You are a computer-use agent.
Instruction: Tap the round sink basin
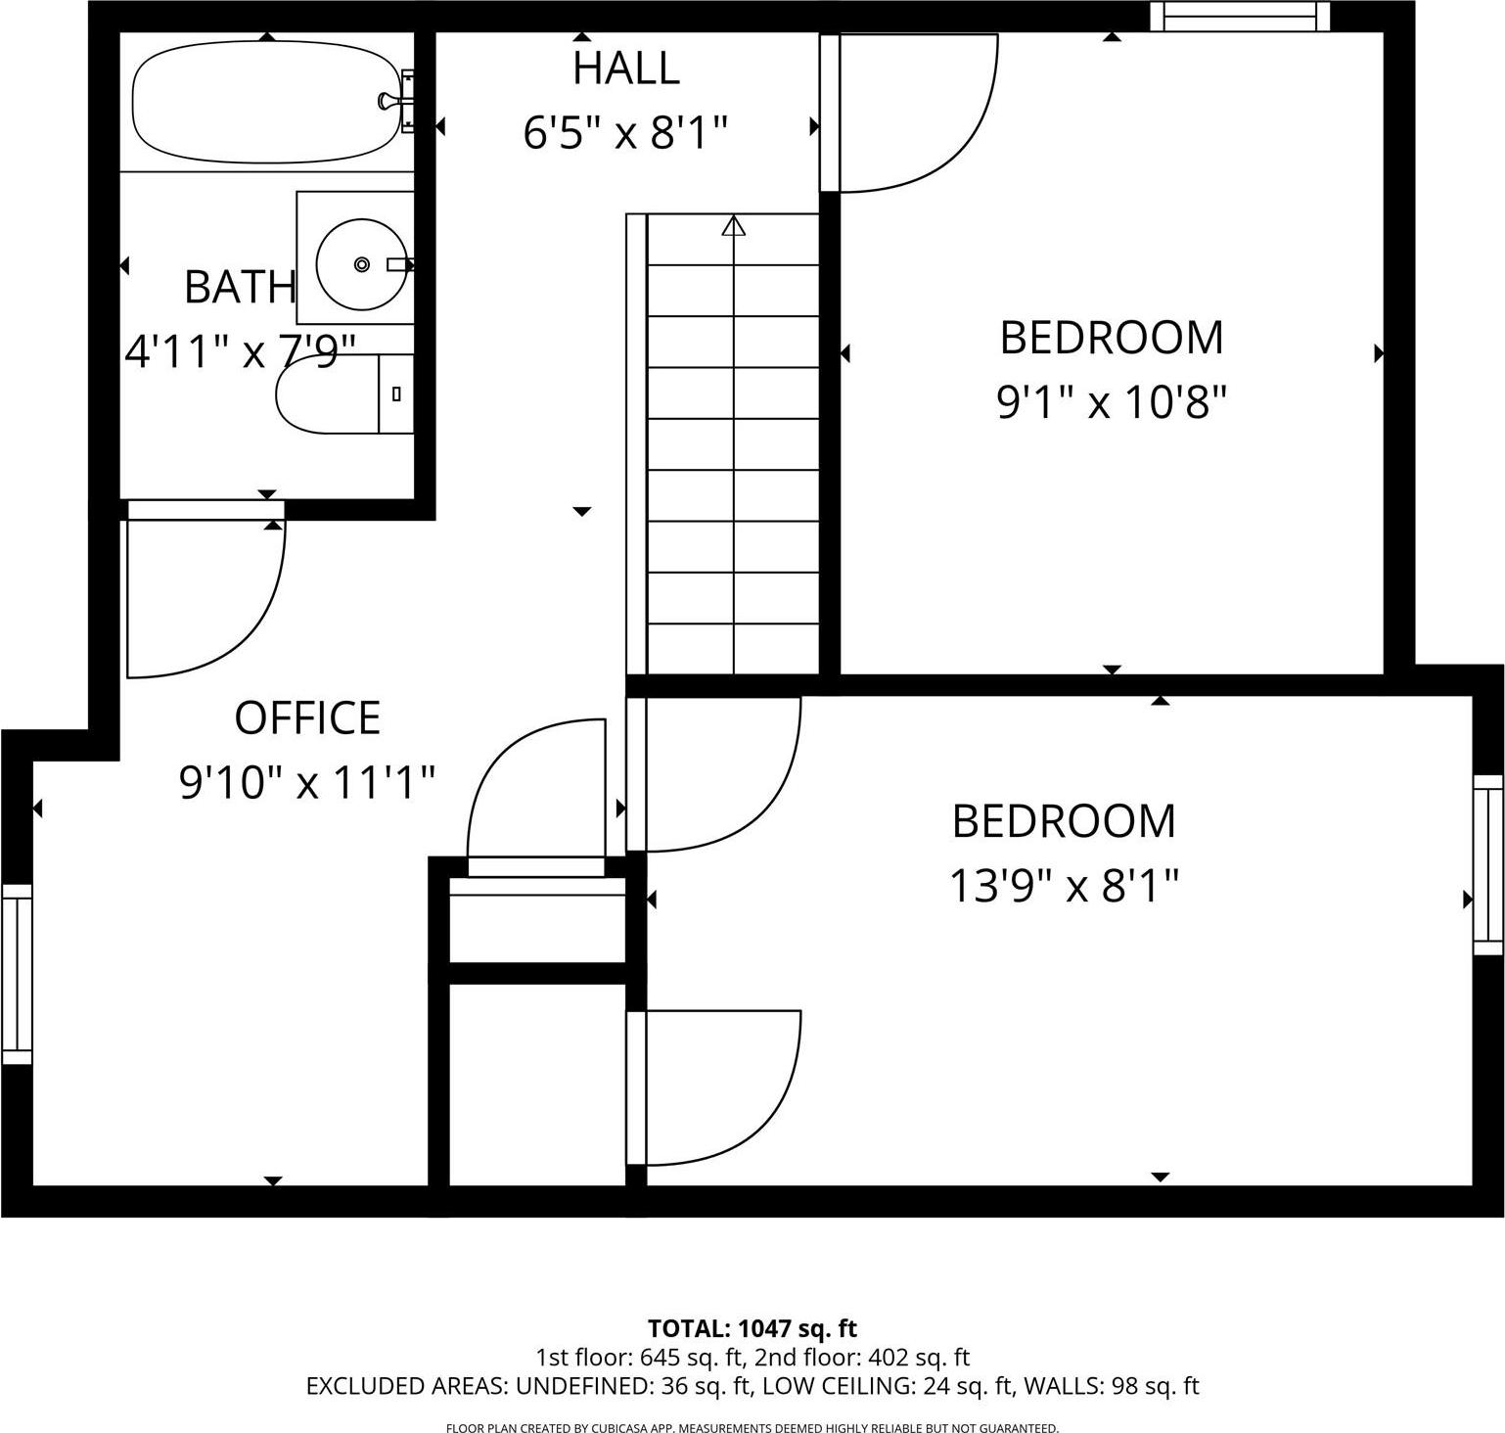pos(361,264)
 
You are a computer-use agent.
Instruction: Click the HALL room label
pos(626,69)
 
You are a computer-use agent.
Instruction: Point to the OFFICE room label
pos(307,718)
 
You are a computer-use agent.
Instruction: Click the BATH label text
pos(240,287)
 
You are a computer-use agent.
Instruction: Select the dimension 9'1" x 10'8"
pos(1112,401)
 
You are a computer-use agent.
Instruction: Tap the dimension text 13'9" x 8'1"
pos(1064,887)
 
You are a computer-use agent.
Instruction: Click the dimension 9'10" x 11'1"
pos(307,782)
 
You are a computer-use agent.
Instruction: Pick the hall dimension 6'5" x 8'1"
pos(626,132)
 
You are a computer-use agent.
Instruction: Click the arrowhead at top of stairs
pos(733,225)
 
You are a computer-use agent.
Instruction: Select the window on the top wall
pos(1240,17)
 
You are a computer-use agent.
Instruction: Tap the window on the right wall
pos(1487,864)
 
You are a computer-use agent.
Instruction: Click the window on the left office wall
pos(17,974)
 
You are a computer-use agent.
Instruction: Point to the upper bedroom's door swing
pos(930,127)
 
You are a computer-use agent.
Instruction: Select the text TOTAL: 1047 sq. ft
pos(752,1328)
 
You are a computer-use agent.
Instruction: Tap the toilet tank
pos(395,394)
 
